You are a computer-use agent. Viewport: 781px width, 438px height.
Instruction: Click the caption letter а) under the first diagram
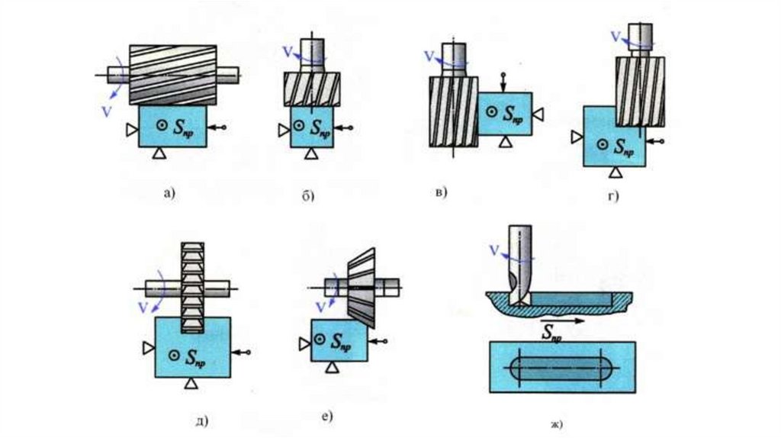[x=169, y=193]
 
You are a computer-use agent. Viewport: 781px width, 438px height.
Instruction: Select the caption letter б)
[x=309, y=197]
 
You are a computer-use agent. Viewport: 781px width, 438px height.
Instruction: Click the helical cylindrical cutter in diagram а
[x=174, y=74]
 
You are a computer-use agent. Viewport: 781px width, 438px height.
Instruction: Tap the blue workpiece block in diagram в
[x=504, y=114]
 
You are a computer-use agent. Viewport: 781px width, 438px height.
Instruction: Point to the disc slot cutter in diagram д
[x=190, y=286]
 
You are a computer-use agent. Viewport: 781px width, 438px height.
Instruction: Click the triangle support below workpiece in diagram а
[x=159, y=154]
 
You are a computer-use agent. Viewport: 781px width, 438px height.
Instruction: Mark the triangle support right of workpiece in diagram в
[x=538, y=114]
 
